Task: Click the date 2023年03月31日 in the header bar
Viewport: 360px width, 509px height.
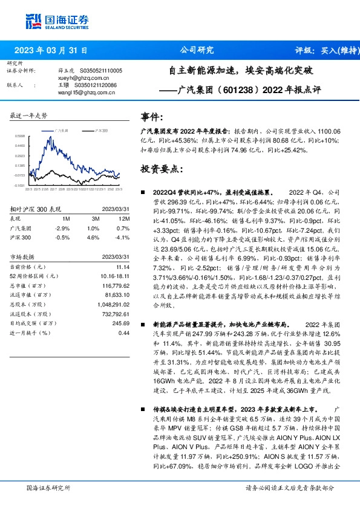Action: point(50,50)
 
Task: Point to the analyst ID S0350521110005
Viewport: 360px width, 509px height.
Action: point(102,71)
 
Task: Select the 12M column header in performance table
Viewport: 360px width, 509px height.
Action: point(125,218)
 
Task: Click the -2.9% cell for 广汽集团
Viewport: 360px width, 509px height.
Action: point(62,228)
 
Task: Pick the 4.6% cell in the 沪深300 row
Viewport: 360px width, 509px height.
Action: point(93,238)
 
